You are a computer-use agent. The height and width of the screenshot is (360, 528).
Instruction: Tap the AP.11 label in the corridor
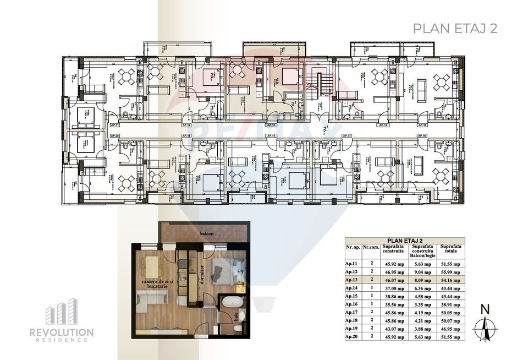114,126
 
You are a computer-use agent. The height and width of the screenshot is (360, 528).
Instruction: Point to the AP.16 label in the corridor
422,126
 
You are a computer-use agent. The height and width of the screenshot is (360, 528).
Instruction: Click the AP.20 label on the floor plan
114,135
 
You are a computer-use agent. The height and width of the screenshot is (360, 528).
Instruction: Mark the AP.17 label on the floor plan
346,135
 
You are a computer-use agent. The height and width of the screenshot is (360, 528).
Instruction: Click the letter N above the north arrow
485,310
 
